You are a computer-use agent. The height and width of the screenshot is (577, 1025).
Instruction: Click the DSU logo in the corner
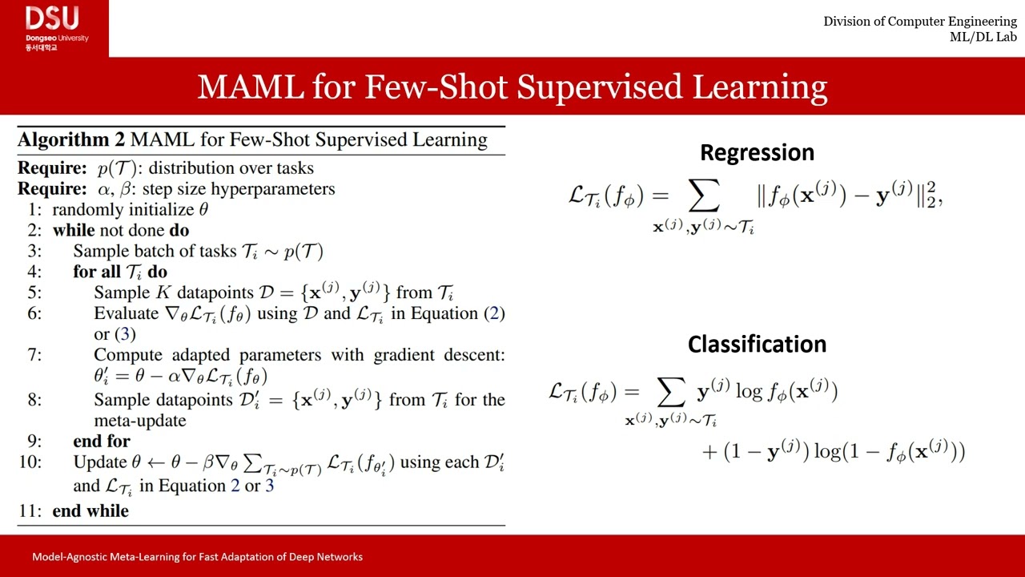tap(54, 27)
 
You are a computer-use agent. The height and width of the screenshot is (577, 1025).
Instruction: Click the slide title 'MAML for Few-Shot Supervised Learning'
tap(512, 87)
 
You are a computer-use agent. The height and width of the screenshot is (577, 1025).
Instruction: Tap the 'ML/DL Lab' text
tap(983, 37)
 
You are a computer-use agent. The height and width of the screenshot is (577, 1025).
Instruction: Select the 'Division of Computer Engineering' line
tap(920, 22)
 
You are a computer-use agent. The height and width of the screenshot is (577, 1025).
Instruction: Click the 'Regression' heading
tap(757, 152)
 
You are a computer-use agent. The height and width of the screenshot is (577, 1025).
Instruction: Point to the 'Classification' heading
tap(757, 344)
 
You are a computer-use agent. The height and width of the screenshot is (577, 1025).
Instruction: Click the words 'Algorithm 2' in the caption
tap(71, 139)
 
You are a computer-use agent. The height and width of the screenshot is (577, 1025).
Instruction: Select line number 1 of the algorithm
tap(34, 210)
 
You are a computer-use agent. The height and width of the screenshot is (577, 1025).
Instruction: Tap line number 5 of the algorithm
tap(34, 293)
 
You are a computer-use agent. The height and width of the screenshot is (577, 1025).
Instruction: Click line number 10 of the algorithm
tap(30, 462)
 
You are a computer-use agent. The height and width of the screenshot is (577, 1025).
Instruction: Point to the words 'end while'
tap(90, 510)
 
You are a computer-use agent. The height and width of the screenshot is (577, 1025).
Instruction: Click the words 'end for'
tap(102, 441)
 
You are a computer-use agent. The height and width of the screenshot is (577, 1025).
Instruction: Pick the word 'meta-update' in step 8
tap(140, 420)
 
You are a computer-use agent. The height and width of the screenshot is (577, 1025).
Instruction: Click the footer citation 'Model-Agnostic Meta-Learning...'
tap(197, 556)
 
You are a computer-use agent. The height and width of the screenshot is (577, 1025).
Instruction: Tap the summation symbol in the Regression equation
tap(703, 196)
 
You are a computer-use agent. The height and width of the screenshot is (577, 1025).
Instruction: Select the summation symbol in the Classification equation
tap(670, 391)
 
